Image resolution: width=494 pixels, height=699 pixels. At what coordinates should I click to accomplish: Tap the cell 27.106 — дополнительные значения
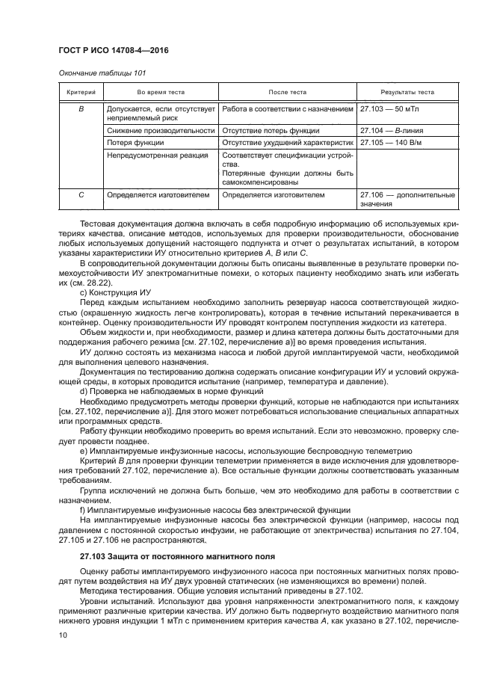[x=407, y=200]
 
